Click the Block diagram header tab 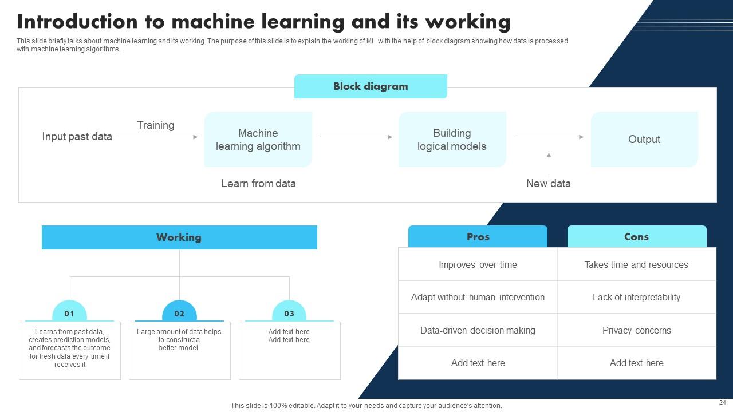tap(371, 86)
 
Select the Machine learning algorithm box tap(258, 140)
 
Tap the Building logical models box tap(452, 140)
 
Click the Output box tap(644, 140)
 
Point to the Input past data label tap(77, 137)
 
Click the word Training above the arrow tap(156, 125)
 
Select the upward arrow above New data tap(549, 164)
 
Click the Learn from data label tap(258, 184)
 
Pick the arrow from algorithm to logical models tap(356, 137)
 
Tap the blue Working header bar tap(179, 237)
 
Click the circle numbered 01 tap(69, 314)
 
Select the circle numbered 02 tap(179, 314)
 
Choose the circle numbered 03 tap(289, 314)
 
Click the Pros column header tap(478, 237)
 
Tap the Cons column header tap(636, 237)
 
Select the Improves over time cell tap(478, 264)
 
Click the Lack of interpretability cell tap(636, 297)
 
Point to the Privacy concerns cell tap(636, 330)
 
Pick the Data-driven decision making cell tap(478, 330)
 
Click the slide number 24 tap(722, 402)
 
